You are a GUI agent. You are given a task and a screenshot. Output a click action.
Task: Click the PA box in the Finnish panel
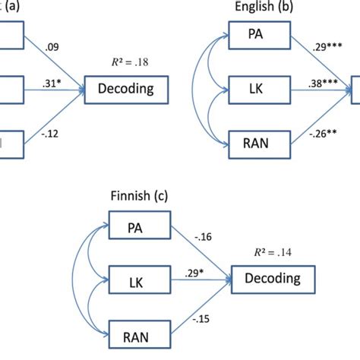click(135, 227)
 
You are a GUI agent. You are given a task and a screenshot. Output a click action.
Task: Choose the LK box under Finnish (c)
click(135, 280)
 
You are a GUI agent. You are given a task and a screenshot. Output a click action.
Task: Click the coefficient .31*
click(53, 82)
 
